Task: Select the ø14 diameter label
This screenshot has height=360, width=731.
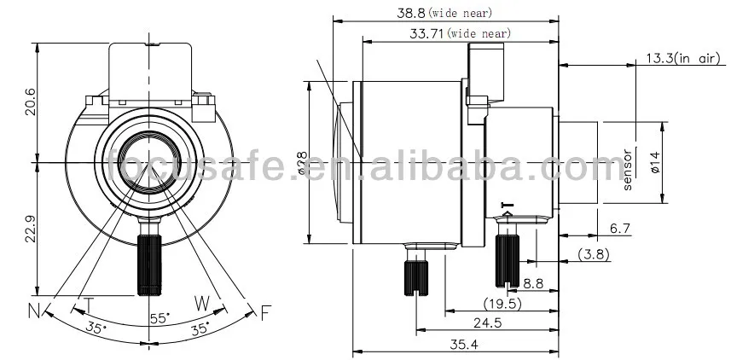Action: pos(655,162)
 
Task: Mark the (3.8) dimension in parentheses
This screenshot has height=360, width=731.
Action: pos(595,253)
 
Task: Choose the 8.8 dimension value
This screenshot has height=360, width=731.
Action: pos(535,282)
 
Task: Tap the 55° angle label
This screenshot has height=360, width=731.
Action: pos(160,317)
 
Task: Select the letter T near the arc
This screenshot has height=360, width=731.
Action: pos(88,304)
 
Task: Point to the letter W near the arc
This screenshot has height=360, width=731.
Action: pos(202,302)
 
